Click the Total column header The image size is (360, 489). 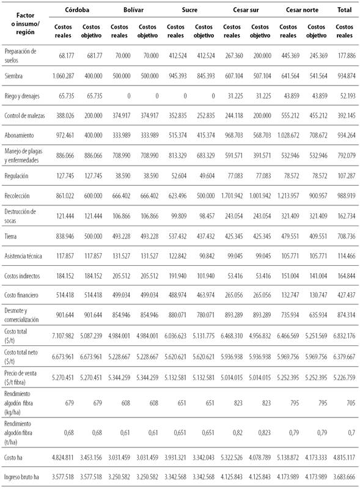click(x=345, y=10)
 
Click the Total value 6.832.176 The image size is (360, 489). click(x=345, y=336)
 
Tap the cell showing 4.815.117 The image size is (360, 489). click(x=345, y=455)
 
